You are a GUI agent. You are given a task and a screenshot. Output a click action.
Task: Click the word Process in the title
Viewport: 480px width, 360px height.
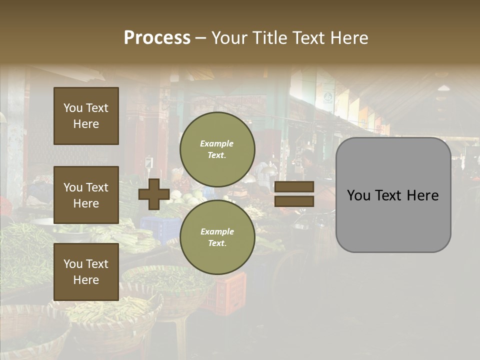[157, 38]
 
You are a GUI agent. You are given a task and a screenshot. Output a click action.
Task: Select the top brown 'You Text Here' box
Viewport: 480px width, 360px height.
[86, 116]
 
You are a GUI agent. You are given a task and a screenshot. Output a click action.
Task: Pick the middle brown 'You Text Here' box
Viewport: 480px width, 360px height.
[86, 195]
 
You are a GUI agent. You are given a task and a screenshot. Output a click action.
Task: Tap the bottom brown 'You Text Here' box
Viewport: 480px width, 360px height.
[86, 271]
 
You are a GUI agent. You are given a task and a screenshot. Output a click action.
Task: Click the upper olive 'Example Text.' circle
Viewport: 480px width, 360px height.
[217, 149]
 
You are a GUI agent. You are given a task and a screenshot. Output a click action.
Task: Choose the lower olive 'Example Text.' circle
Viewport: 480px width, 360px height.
[217, 237]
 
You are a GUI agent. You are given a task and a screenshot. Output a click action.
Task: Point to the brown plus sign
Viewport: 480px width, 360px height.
[153, 194]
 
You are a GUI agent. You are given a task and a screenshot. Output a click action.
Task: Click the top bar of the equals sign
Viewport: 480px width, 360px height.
[294, 187]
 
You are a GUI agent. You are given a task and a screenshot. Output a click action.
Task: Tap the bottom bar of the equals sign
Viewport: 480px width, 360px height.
[294, 201]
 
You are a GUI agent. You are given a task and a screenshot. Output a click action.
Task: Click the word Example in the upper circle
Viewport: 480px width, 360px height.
[217, 143]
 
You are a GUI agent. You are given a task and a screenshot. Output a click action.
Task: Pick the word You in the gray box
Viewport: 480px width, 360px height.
[359, 195]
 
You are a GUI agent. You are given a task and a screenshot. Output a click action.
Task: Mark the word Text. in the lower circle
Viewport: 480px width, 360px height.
[217, 243]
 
